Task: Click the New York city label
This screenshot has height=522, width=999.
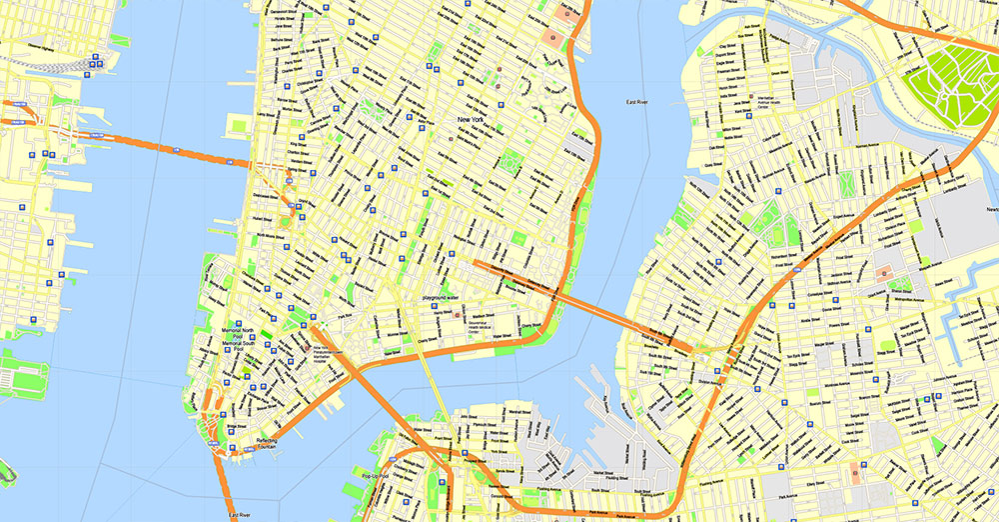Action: [477, 120]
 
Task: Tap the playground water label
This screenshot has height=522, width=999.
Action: [440, 298]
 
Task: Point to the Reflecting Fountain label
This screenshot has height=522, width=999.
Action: [266, 443]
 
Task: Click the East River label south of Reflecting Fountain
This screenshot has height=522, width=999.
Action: [240, 515]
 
